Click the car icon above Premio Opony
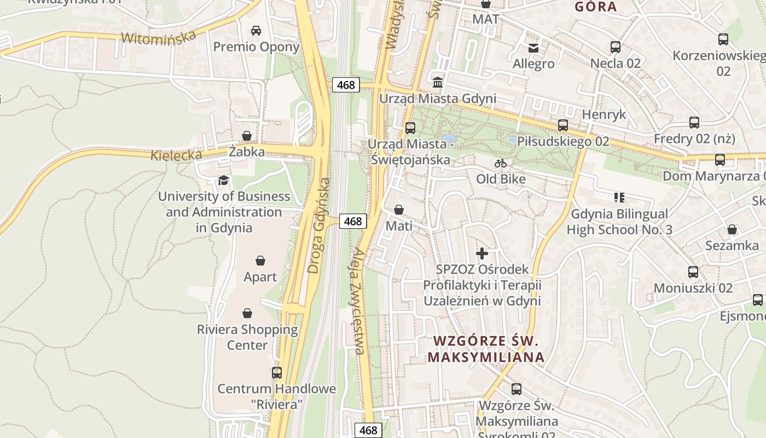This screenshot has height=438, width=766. (256, 30)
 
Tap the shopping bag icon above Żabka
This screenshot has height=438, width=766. (247, 135)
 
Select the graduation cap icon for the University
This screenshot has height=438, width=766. (223, 180)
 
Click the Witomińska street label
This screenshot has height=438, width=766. (159, 37)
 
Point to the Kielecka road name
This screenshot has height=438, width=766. (177, 155)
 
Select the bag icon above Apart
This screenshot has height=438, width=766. (260, 261)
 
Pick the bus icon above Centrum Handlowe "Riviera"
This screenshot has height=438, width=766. (277, 372)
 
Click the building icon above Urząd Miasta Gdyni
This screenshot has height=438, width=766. (438, 82)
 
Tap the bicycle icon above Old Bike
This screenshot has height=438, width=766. (500, 163)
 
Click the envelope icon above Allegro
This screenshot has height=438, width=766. (533, 48)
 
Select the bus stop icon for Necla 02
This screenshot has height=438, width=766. (616, 47)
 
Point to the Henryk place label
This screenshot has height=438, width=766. (603, 114)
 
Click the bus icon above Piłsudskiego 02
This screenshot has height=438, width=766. (563, 125)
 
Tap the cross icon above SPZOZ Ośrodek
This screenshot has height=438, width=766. (482, 253)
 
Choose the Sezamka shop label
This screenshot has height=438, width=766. (732, 245)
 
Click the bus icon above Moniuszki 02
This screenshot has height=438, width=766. (693, 272)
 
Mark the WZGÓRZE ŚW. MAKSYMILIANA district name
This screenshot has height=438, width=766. (486, 349)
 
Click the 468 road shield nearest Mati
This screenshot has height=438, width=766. (353, 221)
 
